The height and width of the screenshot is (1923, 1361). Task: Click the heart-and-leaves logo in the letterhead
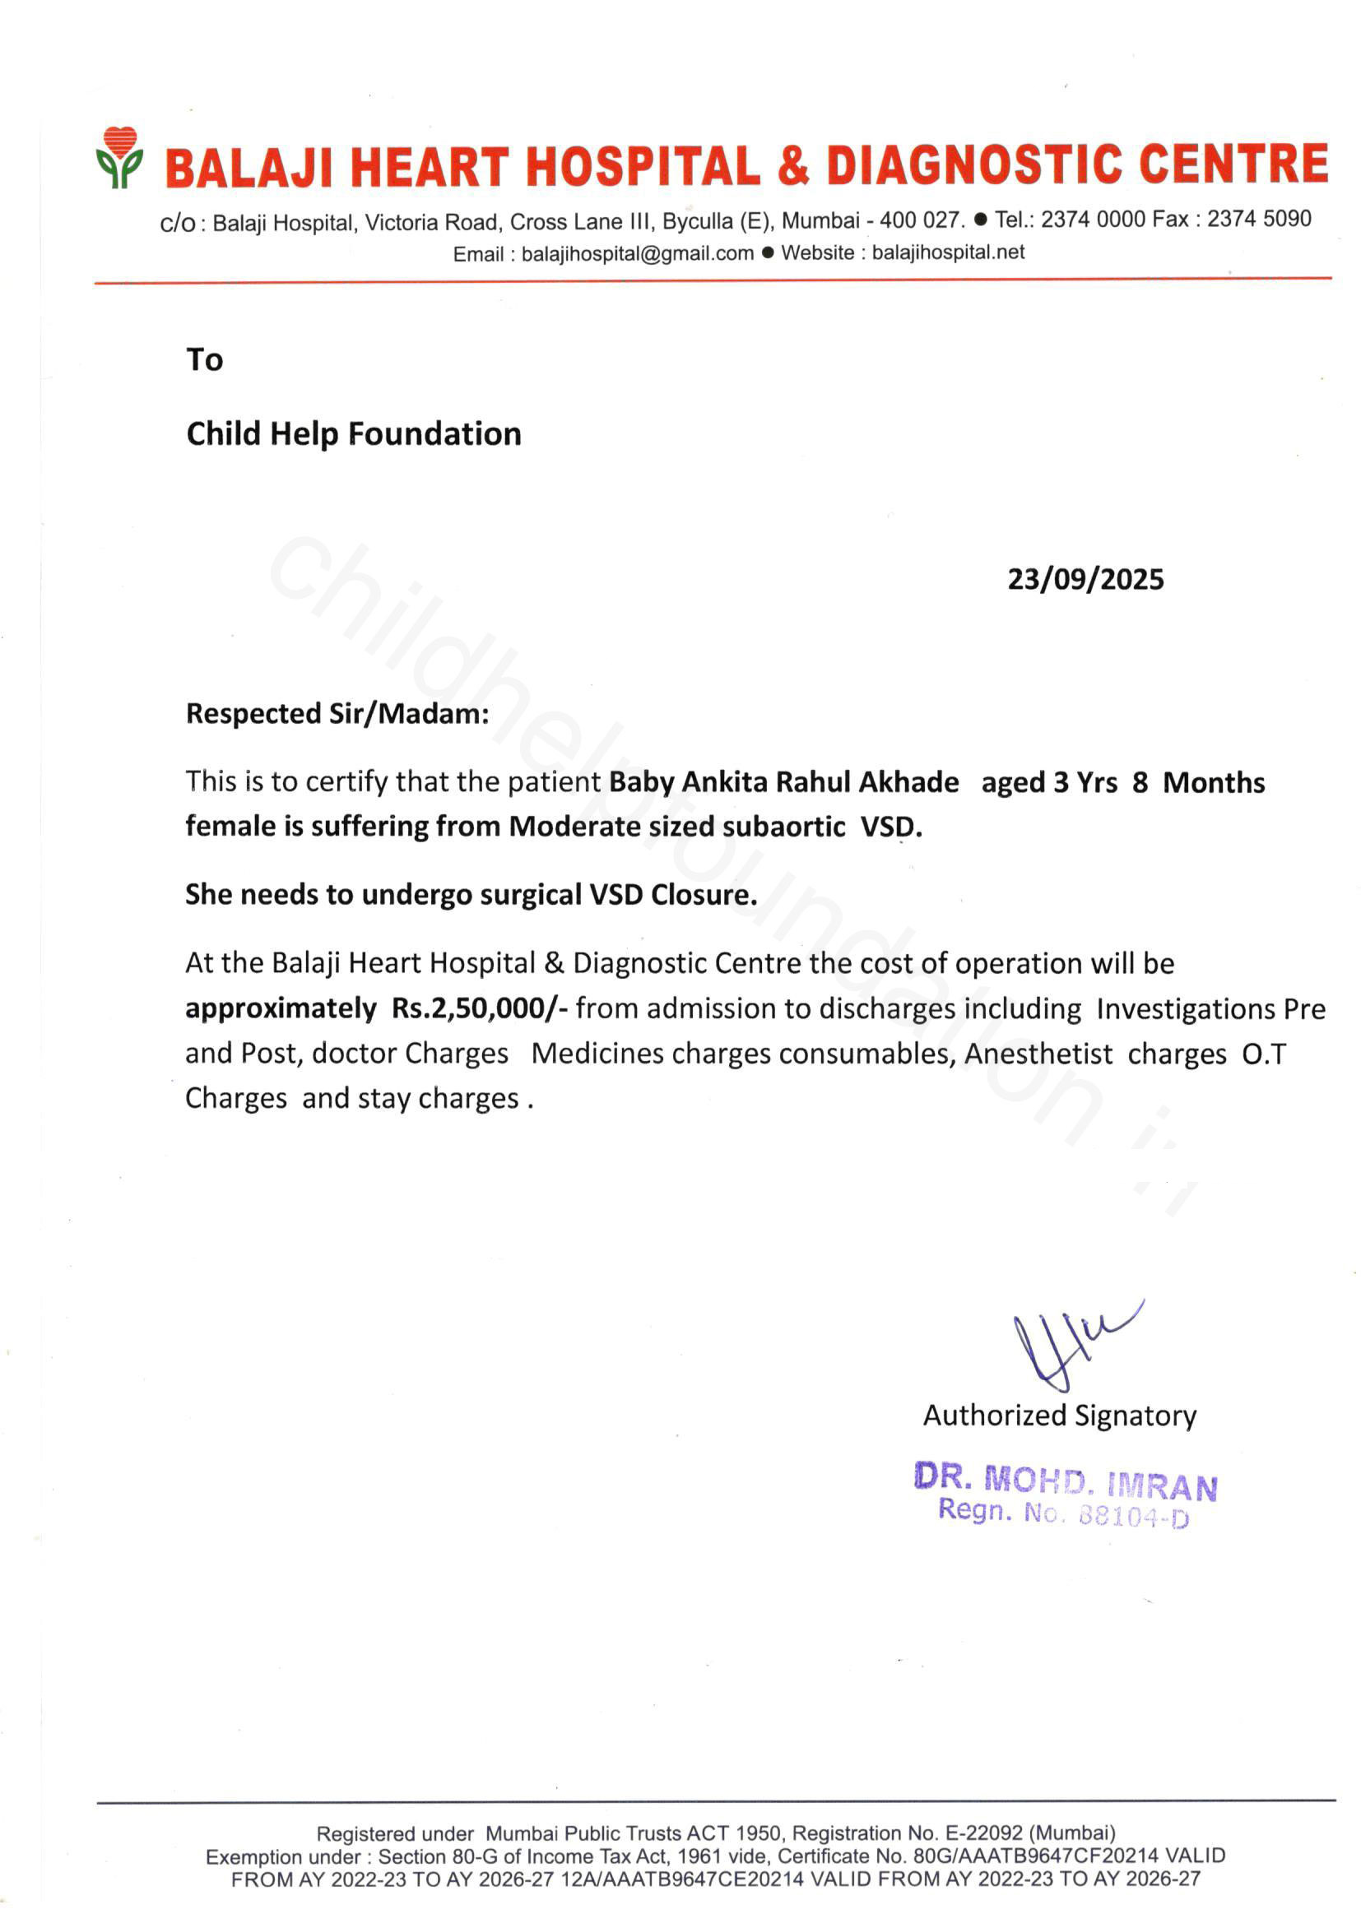(x=119, y=157)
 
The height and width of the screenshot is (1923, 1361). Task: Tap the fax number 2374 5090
(x=1259, y=220)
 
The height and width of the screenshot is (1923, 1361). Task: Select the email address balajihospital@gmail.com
(x=637, y=254)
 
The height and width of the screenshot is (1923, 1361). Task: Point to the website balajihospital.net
(x=948, y=253)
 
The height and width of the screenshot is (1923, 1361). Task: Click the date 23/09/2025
(x=1085, y=580)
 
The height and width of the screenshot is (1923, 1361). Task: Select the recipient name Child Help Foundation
(x=354, y=433)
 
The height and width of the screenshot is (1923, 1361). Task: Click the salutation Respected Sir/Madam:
(x=337, y=714)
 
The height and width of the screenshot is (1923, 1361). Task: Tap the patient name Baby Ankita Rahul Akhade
(x=783, y=782)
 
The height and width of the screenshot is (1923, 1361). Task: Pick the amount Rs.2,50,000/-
(x=480, y=1008)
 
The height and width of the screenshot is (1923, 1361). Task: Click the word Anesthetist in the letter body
(x=1038, y=1054)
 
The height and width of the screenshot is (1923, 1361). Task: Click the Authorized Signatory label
(x=1059, y=1416)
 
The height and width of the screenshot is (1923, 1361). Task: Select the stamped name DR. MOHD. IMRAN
(x=1065, y=1481)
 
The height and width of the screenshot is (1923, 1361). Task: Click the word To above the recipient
(x=205, y=360)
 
